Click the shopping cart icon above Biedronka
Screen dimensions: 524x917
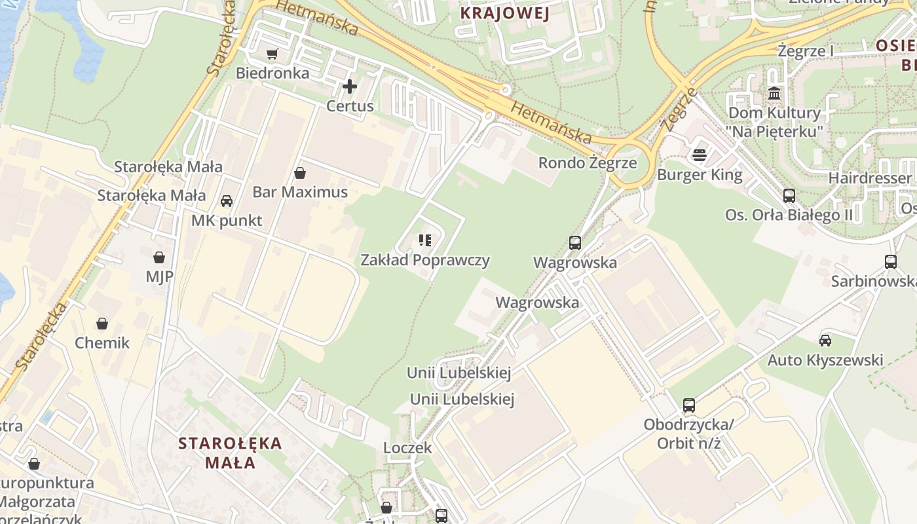coord(272,54)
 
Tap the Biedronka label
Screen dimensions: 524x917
coord(272,73)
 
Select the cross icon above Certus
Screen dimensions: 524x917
coord(350,86)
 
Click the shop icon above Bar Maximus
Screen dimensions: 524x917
coord(300,173)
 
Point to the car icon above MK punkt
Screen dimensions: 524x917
coord(227,201)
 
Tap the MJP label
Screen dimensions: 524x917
coord(159,276)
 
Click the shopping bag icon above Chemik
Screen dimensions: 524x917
coord(102,324)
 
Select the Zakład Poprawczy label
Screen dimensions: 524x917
coord(425,260)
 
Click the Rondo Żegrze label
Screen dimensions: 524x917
coord(587,162)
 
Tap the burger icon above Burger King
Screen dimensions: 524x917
coord(700,155)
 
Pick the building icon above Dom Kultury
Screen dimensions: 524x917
coord(774,93)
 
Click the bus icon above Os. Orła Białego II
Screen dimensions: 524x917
coord(789,195)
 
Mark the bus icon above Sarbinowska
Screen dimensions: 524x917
coord(891,262)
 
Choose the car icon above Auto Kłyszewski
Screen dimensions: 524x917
coord(825,341)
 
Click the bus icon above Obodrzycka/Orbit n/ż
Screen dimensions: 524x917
coord(689,405)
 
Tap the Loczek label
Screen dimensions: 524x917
coord(407,448)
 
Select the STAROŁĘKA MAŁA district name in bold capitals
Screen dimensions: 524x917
coord(230,453)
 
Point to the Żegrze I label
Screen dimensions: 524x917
coord(806,51)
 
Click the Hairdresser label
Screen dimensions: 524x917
coord(870,178)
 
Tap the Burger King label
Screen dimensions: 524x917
coord(700,175)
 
